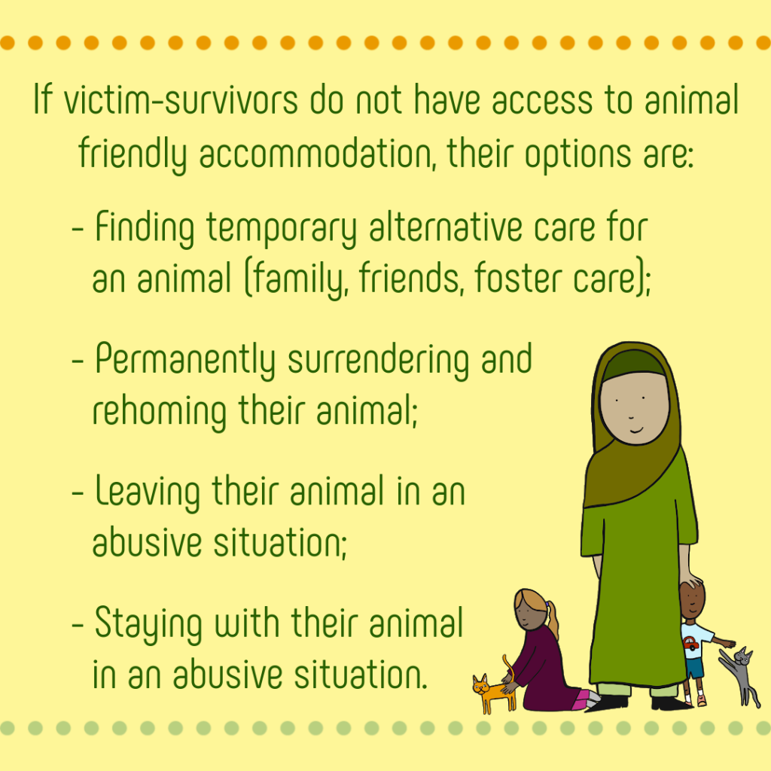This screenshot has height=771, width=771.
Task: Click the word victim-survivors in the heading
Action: pyautogui.click(x=181, y=100)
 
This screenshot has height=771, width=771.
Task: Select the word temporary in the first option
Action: pyautogui.click(x=282, y=229)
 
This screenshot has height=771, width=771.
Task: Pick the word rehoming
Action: pyautogui.click(x=160, y=412)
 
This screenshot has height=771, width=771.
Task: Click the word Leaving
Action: pyautogui.click(x=148, y=492)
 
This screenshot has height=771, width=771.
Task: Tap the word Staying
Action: pyautogui.click(x=148, y=624)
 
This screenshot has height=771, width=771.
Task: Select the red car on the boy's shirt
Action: pyautogui.click(x=690, y=643)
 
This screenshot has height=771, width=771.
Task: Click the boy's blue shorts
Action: pyautogui.click(x=695, y=668)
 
